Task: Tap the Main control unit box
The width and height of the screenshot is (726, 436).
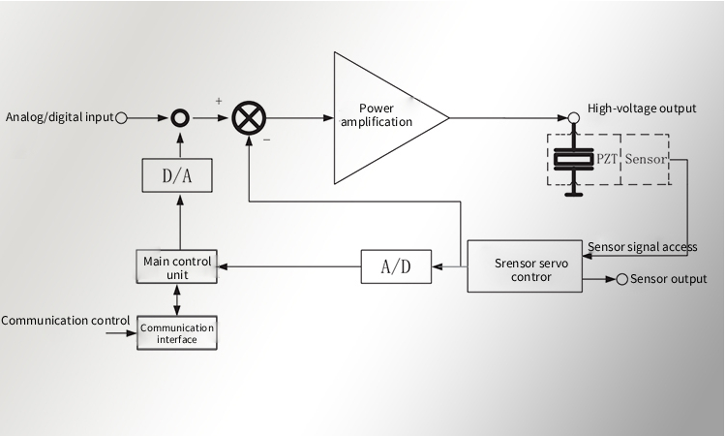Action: click(176, 267)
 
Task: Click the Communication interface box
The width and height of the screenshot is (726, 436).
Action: click(176, 333)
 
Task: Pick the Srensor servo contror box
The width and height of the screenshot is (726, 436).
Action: click(523, 266)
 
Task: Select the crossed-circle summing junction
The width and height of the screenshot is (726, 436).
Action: click(248, 118)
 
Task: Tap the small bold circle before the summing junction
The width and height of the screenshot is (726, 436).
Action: click(179, 118)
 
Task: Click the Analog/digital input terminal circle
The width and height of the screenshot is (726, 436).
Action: click(122, 118)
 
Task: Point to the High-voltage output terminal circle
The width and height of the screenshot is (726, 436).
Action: click(573, 117)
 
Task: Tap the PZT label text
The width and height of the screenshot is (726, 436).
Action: click(606, 158)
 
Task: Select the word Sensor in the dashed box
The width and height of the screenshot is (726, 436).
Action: click(646, 158)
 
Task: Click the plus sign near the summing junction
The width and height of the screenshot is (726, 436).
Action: click(219, 100)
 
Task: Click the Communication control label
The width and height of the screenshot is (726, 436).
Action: click(66, 319)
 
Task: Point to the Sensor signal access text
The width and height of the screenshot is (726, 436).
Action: click(643, 247)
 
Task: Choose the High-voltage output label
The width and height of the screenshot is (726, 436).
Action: click(642, 109)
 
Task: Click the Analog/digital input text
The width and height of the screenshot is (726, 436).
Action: click(59, 118)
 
